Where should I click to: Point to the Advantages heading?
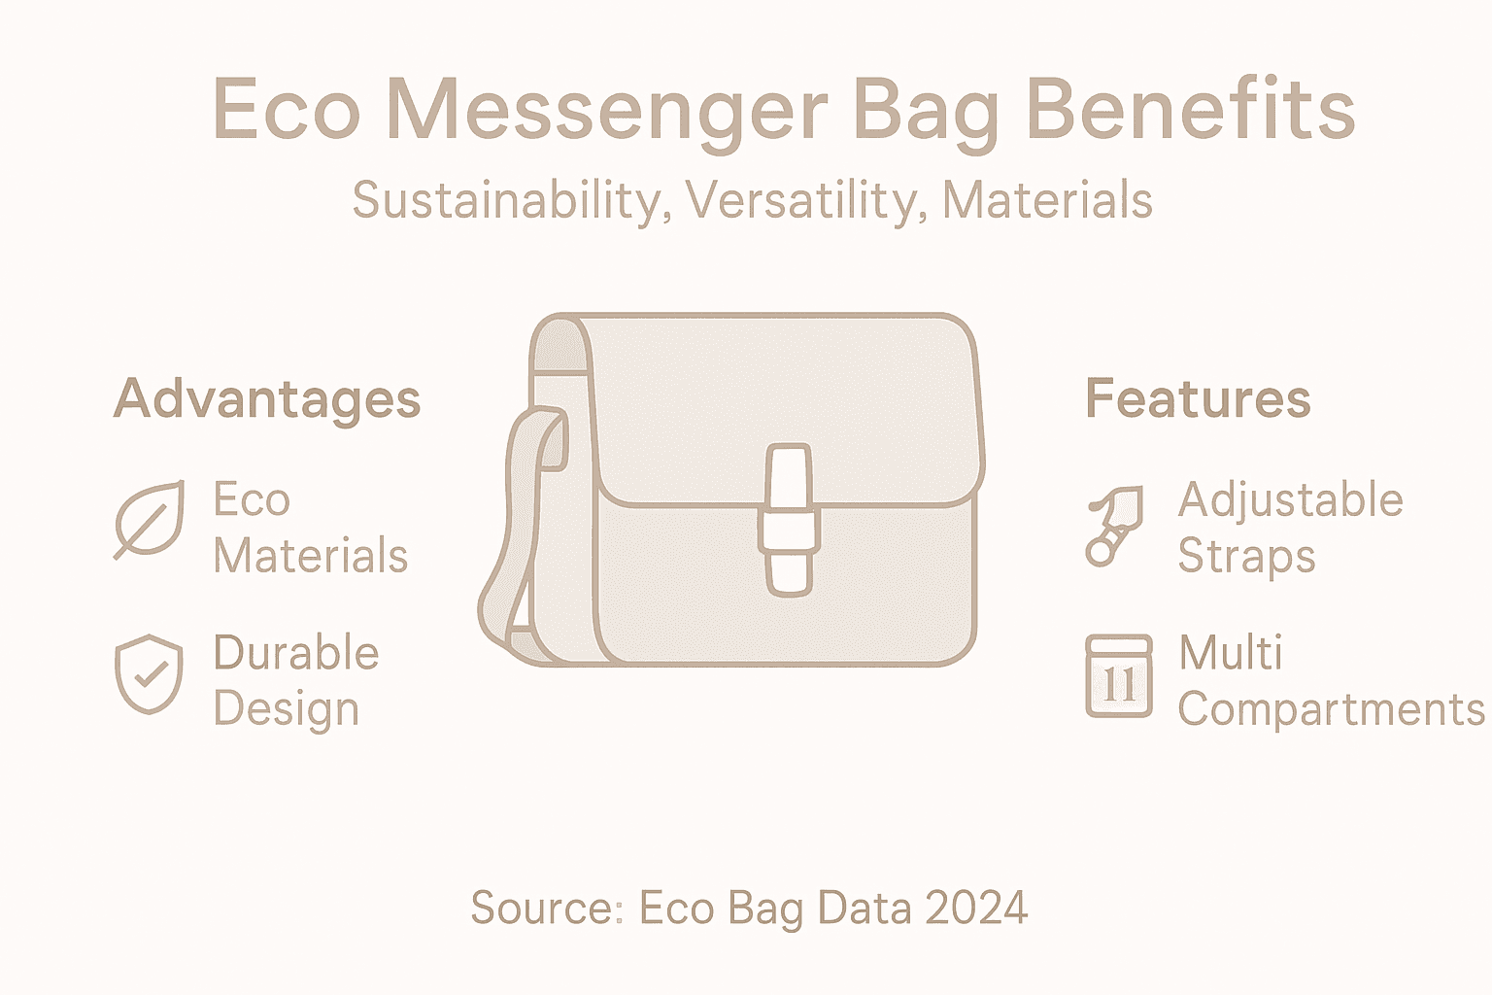click(x=267, y=399)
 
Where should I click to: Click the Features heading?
click(x=1198, y=398)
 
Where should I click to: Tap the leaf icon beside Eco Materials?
click(x=149, y=520)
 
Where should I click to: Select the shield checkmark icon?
click(x=149, y=674)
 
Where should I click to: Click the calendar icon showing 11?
click(x=1119, y=676)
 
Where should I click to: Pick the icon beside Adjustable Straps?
click(x=1115, y=525)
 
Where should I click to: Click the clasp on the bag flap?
click(x=790, y=519)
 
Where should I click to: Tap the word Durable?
click(x=295, y=653)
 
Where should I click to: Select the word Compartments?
click(x=1331, y=709)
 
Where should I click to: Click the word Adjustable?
click(x=1290, y=501)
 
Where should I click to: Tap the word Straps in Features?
click(x=1246, y=557)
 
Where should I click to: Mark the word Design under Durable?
click(x=286, y=710)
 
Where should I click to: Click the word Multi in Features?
click(x=1230, y=653)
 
